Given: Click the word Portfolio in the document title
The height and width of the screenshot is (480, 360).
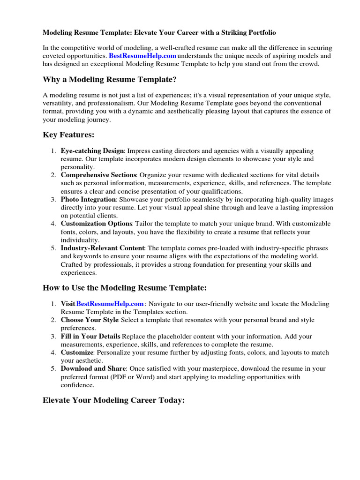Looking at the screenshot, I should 259,33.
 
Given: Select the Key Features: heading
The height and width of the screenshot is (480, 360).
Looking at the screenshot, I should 68,135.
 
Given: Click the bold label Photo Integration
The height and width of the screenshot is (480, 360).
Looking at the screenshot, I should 88,200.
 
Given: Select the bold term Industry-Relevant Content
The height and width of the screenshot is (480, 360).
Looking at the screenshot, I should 103,248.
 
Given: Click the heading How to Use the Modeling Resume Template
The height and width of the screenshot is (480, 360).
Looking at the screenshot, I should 124,287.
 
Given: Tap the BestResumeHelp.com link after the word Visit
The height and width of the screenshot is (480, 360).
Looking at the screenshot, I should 110,304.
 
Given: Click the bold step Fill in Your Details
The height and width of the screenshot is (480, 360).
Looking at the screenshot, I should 90,337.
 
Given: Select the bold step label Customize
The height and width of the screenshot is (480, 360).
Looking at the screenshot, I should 77,352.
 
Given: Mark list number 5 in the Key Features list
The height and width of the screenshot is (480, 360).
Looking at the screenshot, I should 53,248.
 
